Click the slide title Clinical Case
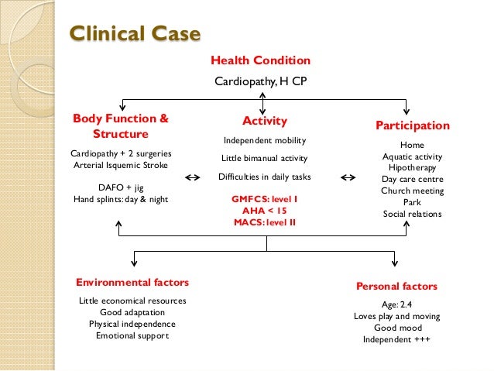pyautogui.click(x=136, y=34)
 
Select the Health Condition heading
pyautogui.click(x=260, y=60)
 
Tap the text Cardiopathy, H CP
pyautogui.click(x=260, y=80)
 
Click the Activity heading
pyautogui.click(x=265, y=121)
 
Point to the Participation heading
pyautogui.click(x=412, y=125)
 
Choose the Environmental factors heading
pyautogui.click(x=132, y=282)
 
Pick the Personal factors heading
pyautogui.click(x=396, y=286)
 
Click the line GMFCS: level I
pyautogui.click(x=265, y=199)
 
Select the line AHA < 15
pyautogui.click(x=265, y=211)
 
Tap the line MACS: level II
pyautogui.click(x=265, y=223)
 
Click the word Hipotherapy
pyautogui.click(x=411, y=167)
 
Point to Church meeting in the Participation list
pyautogui.click(x=411, y=191)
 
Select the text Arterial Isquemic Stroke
pyautogui.click(x=120, y=165)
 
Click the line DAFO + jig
pyautogui.click(x=120, y=187)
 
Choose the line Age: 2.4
pyautogui.click(x=396, y=304)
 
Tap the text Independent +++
pyautogui.click(x=396, y=340)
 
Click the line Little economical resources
pyautogui.click(x=132, y=301)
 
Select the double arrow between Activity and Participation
pyautogui.click(x=348, y=177)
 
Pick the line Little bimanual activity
pyautogui.click(x=265, y=158)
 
